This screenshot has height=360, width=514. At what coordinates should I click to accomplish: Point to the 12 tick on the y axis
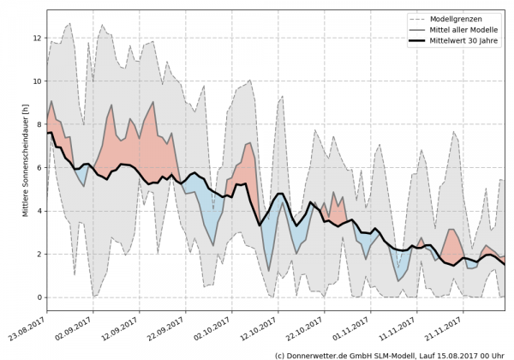37,38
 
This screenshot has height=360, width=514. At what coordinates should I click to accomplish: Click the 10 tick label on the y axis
37,81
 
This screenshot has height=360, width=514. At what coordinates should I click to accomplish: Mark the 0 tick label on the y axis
39,297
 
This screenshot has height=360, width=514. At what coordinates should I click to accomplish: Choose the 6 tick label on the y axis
39,168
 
